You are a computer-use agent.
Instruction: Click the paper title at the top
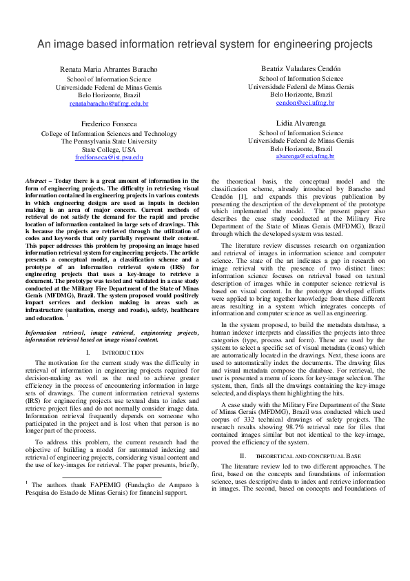click(x=205, y=43)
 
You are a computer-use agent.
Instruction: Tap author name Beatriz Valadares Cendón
click(x=301, y=70)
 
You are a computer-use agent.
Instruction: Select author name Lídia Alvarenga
click(x=301, y=124)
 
